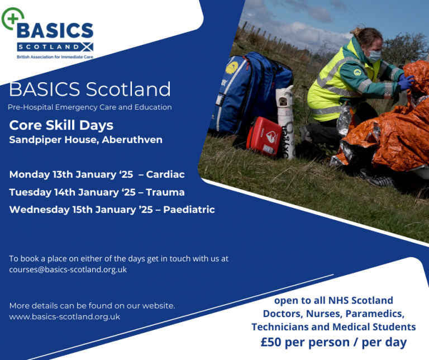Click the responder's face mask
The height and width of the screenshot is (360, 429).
(374, 55)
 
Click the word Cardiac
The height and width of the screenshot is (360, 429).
(165, 174)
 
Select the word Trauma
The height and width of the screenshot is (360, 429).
(165, 192)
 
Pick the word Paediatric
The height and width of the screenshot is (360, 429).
(189, 210)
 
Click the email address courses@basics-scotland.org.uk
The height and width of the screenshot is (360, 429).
(68, 269)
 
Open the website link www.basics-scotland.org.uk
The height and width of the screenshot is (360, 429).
(65, 316)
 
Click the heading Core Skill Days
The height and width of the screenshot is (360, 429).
(61, 125)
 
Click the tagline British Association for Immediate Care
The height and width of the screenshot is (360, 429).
(55, 57)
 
